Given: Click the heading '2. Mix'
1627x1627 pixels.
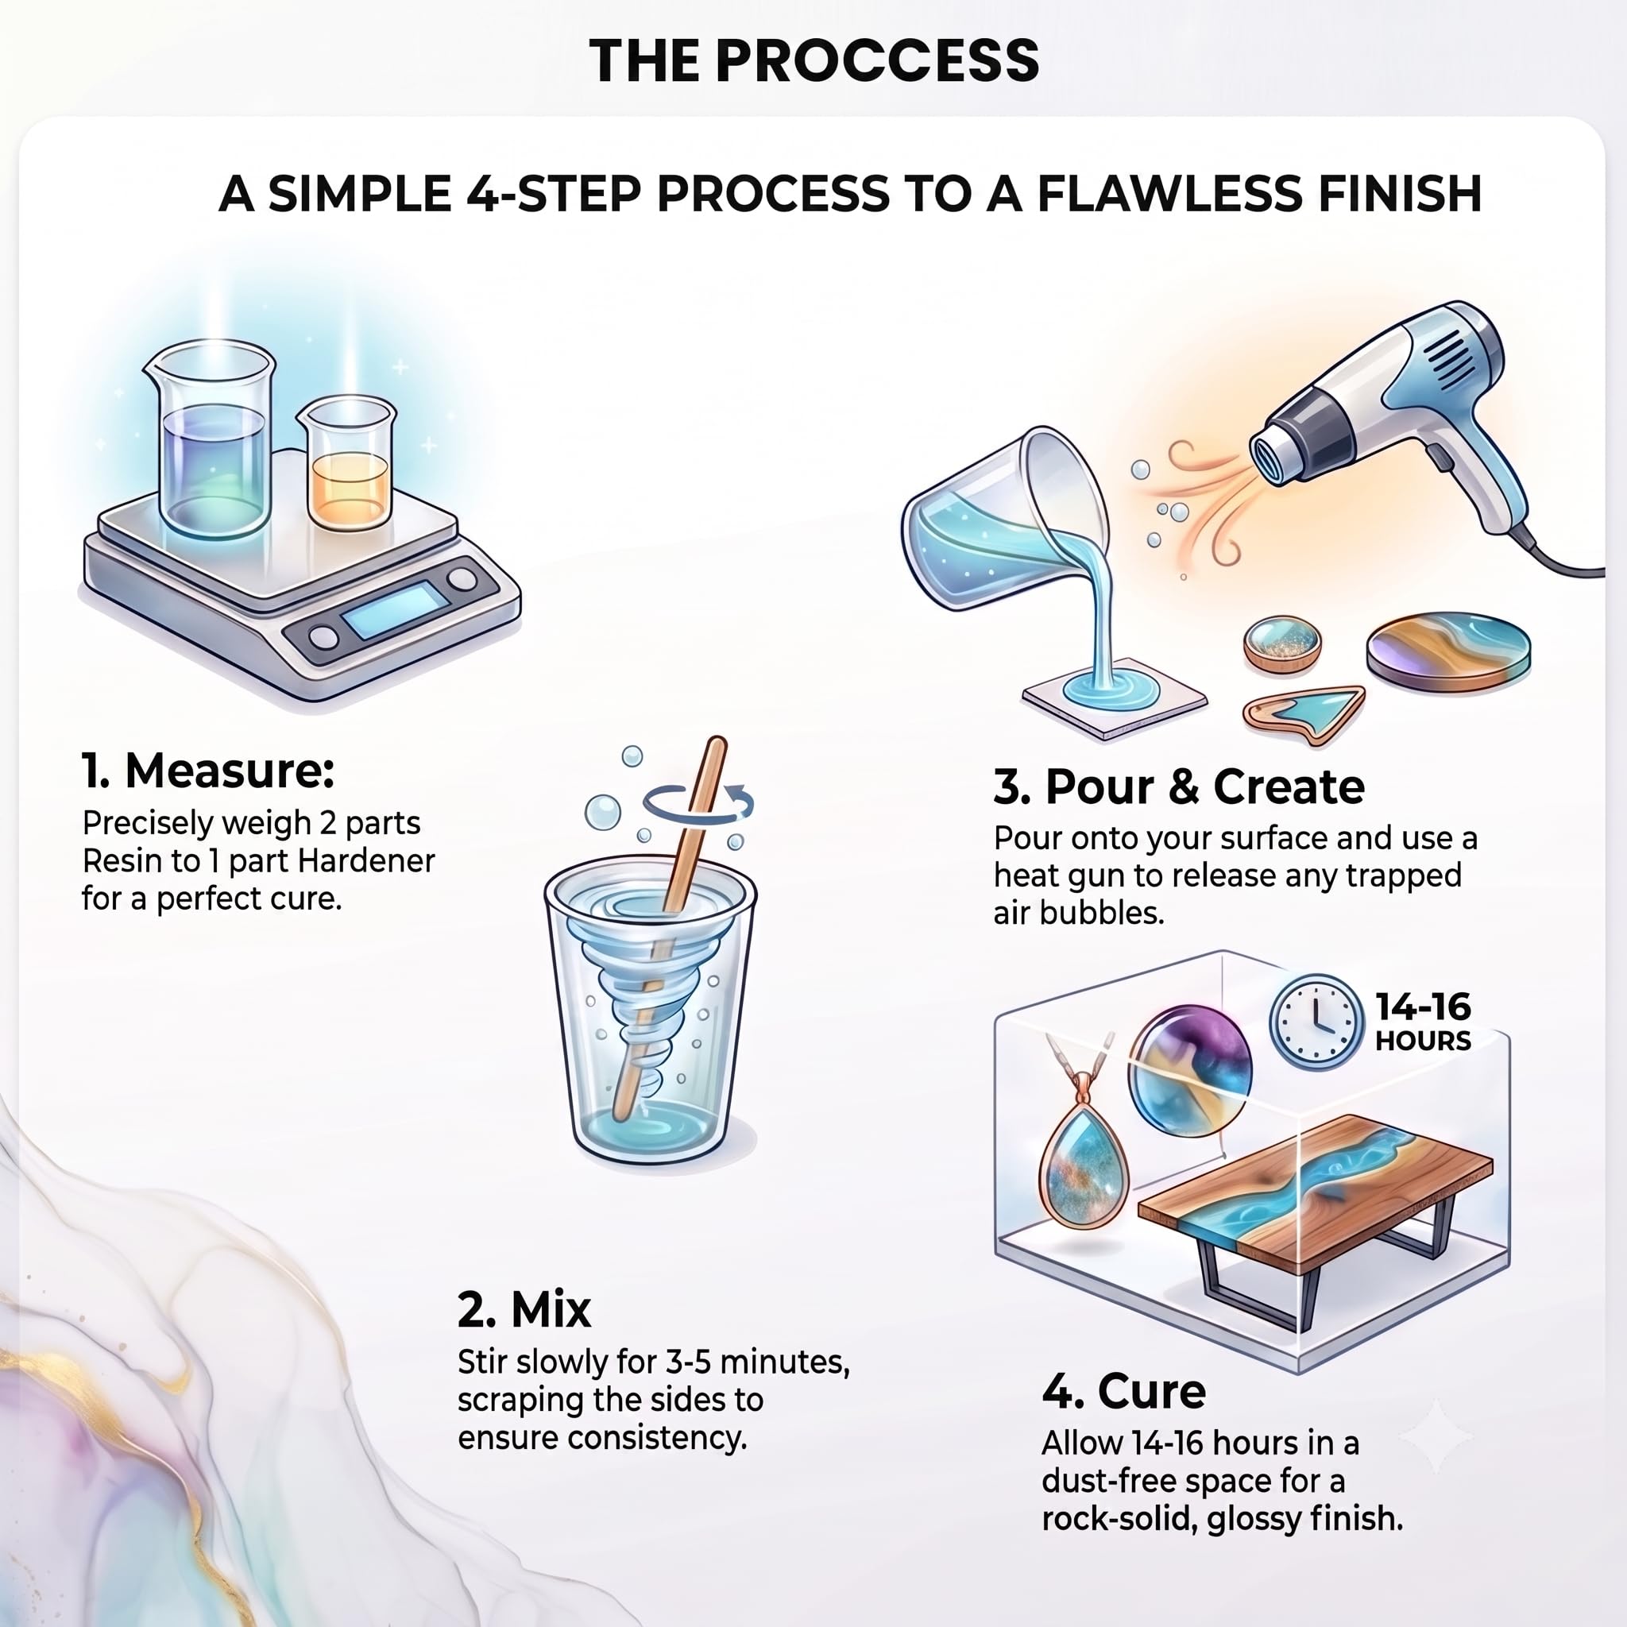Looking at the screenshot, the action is pyautogui.click(x=524, y=1309).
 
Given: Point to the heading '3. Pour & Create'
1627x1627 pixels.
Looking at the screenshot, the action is pyautogui.click(x=1179, y=786).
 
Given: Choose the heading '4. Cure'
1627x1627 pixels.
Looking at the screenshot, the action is pyautogui.click(x=1123, y=1391).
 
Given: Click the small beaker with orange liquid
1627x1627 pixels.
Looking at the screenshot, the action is pyautogui.click(x=348, y=463).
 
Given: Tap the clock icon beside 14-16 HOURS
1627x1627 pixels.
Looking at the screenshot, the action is pyautogui.click(x=1316, y=1021).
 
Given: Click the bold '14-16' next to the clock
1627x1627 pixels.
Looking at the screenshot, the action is pyautogui.click(x=1423, y=1007).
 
